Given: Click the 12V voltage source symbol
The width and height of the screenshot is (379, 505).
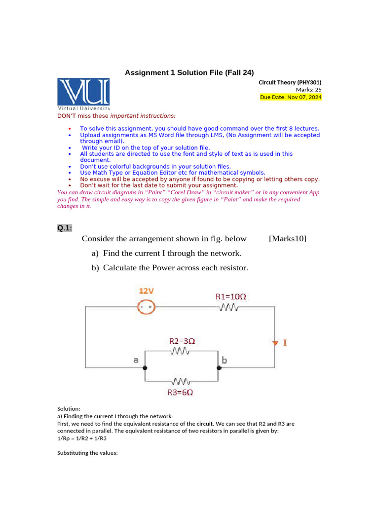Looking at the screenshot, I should coord(146,307).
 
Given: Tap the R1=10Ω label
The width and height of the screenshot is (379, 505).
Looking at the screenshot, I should coord(230,297).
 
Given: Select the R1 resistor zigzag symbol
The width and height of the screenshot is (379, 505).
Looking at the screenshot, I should coord(228,308).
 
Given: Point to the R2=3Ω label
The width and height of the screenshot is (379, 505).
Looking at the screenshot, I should coord(182,341).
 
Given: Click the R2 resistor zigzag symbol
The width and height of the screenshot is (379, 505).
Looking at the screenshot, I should coord(181,351).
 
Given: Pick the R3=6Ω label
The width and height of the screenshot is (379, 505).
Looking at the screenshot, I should coord(180,393).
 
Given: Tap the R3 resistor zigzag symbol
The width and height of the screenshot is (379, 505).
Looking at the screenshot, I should coord(181,381).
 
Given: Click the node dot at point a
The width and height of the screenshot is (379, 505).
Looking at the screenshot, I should coord(145,368).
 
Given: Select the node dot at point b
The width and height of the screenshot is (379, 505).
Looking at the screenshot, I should coord(218,368).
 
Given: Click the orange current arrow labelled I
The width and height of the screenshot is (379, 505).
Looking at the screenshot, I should coord(275,343).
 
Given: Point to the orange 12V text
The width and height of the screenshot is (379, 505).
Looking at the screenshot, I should coord(146,291).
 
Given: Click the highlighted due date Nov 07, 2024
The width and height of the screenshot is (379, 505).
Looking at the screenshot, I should coord(291,97).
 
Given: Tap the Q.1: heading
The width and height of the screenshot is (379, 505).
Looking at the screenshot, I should coord(64,227).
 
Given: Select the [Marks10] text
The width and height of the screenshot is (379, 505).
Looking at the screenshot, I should coord(287,239).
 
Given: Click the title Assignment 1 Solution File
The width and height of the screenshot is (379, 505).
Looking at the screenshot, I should coord(189,72).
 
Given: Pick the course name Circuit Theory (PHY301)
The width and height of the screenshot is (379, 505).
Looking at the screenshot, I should coord(290,82).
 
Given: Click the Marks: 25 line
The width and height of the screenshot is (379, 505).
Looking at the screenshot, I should coord(308,90).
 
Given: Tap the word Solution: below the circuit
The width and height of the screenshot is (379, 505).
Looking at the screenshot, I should coord(69,409).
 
